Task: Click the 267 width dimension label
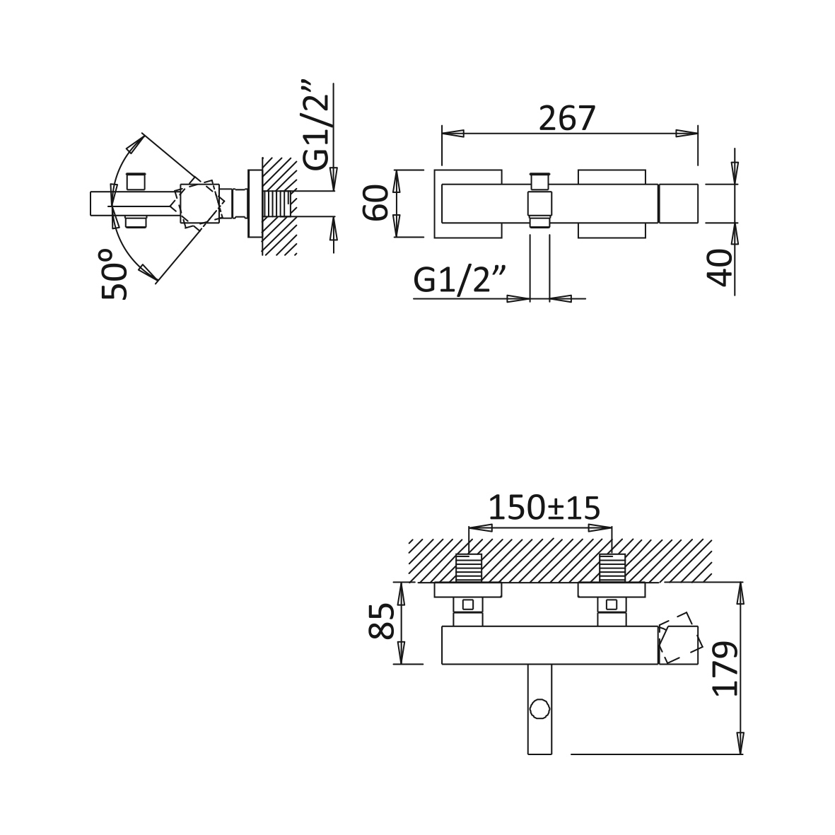566,118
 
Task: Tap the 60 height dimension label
376,202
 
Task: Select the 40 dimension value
721,268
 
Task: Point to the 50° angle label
115,274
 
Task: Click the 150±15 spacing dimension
544,508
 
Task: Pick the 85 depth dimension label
382,621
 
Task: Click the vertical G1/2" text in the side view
317,126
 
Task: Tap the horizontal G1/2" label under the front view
459,279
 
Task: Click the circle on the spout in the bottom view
539,709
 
